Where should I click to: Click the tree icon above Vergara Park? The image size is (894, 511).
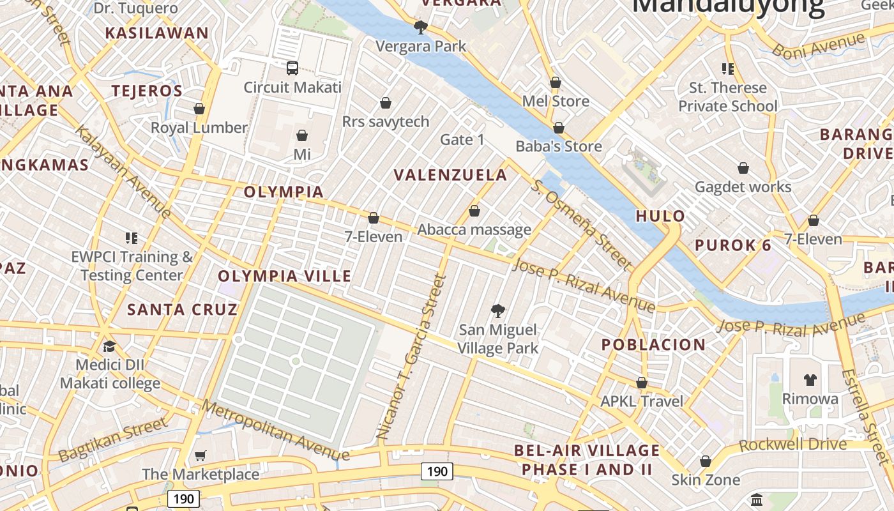pos(420,27)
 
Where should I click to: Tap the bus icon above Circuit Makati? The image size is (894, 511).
pos(292,68)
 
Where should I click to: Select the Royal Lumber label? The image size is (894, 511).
pos(199,128)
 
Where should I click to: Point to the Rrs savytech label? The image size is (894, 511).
pos(386,121)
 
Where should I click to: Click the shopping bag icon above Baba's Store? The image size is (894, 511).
pos(559,128)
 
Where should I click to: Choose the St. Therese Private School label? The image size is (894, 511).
pos(728,96)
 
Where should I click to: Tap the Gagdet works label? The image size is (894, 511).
pos(743,187)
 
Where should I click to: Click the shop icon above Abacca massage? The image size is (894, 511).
pos(474,211)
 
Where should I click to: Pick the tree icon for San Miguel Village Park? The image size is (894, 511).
pos(497,311)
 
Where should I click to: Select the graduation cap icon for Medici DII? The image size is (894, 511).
pos(109,346)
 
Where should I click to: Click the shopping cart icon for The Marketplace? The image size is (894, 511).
pos(201,455)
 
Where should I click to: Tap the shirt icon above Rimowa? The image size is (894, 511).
pos(810,380)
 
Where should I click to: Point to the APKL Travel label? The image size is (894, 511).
pos(642,401)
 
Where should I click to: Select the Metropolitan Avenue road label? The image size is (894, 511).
pos(276,431)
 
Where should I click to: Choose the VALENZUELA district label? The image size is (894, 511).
pos(450,175)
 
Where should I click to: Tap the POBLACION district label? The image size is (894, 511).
pos(654,345)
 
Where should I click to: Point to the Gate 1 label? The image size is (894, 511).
pos(462,139)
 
